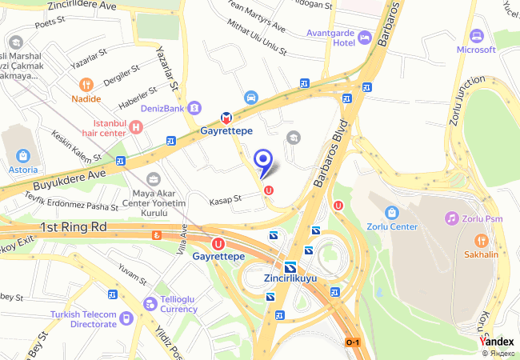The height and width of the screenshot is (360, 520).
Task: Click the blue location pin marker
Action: point(263,161)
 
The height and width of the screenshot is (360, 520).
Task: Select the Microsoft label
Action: point(476,49)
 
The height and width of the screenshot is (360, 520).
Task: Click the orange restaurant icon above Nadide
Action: point(86,84)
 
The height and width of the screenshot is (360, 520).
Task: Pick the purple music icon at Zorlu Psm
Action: point(452,218)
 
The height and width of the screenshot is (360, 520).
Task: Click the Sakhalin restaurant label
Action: point(482,254)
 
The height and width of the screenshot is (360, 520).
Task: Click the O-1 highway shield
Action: point(353,342)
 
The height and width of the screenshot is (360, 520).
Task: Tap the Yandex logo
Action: point(497,341)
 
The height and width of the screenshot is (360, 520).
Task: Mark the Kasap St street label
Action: point(226,198)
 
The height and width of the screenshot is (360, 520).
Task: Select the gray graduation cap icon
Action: point(294,138)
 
